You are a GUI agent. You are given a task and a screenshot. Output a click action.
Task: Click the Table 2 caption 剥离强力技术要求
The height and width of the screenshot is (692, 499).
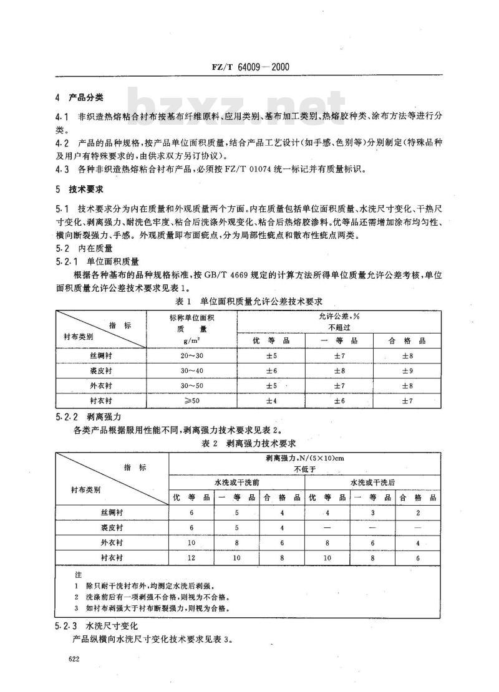click(248, 444)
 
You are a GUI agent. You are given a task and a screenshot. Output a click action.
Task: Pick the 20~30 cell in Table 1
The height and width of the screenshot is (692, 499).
click(190, 355)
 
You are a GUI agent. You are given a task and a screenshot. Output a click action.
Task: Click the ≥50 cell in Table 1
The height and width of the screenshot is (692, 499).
click(190, 400)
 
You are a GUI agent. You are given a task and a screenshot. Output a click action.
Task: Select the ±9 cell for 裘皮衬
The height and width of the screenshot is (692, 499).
click(405, 370)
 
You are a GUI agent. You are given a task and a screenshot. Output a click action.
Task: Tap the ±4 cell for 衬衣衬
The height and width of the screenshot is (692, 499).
click(271, 400)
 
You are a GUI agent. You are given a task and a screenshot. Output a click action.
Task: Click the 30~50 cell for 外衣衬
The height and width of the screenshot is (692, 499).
click(190, 385)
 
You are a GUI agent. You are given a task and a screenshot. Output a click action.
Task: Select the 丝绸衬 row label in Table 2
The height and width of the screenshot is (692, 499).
click(112, 512)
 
